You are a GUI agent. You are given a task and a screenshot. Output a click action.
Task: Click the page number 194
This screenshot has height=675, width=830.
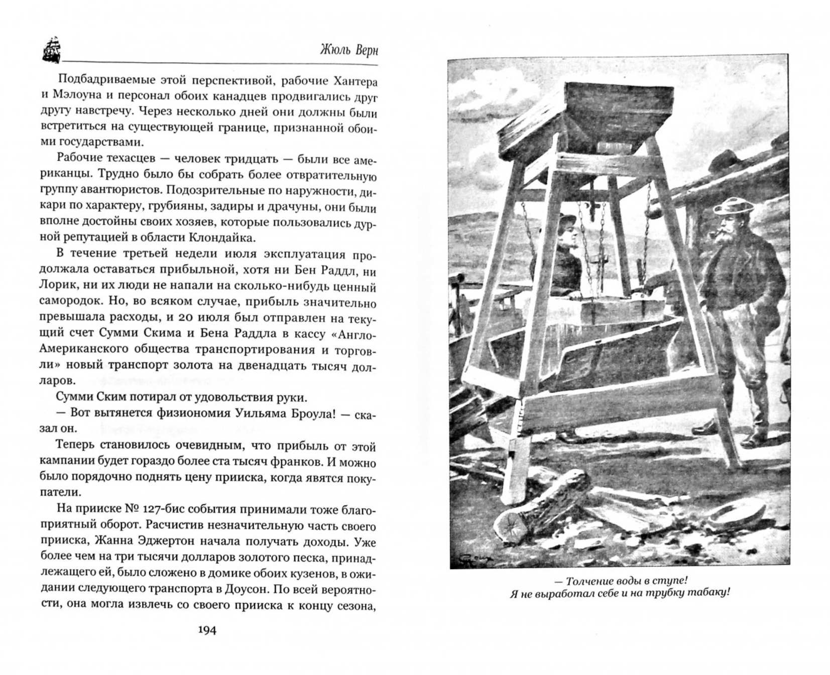[207, 630]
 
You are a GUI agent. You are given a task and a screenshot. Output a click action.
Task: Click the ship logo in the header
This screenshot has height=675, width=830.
[51, 50]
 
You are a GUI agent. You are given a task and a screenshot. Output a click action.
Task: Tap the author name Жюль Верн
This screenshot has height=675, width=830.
[348, 50]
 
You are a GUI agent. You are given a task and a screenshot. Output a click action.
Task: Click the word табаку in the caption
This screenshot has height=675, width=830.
[706, 593]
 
